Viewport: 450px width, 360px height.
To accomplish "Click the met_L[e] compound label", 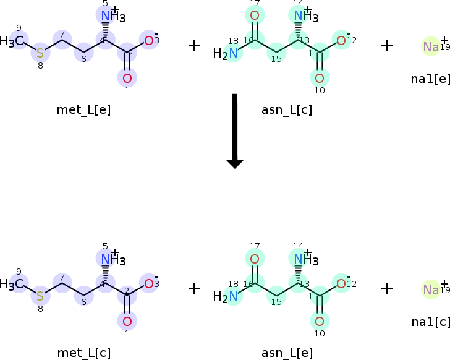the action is tap(83, 110).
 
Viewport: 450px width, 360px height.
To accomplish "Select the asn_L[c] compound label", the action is tap(287, 110).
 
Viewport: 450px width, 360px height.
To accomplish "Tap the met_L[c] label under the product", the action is tap(84, 353).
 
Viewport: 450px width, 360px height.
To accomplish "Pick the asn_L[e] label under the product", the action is tap(287, 353).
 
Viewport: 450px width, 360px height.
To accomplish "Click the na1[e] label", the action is tap(430, 79).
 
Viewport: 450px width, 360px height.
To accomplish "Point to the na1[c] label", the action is tap(430, 322).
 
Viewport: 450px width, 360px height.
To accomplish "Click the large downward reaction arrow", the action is tap(235, 131).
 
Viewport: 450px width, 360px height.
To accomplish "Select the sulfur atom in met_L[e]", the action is tap(40, 53).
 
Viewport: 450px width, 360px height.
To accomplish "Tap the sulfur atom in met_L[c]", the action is tap(40, 296).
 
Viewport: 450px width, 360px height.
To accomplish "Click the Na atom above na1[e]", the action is tap(431, 46).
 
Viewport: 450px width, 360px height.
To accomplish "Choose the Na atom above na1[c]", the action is tap(431, 289).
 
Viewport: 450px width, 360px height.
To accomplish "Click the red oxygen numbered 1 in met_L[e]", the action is tap(127, 79).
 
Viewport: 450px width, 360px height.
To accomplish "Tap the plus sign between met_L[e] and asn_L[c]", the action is tap(194, 46).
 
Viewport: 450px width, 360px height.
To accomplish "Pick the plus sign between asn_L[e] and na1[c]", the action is tap(387, 289).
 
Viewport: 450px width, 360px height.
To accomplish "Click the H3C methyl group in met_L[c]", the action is tap(12, 284).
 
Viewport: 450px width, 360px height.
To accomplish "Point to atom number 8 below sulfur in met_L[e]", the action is tap(40, 66).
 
